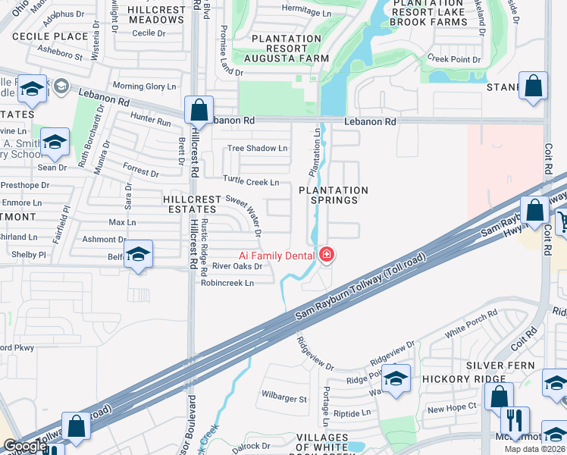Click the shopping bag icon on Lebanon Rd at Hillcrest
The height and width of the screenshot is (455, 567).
pos(199,110)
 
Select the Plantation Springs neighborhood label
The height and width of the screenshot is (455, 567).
pos(333,195)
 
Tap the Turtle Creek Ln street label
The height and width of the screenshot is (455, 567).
pos(251,182)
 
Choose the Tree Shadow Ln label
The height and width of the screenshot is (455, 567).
pos(258,148)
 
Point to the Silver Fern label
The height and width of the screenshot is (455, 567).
pos(500,366)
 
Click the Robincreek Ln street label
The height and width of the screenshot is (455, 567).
pos(227,283)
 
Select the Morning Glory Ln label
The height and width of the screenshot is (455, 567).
pos(144,86)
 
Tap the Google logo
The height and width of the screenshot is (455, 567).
pos(24,447)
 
